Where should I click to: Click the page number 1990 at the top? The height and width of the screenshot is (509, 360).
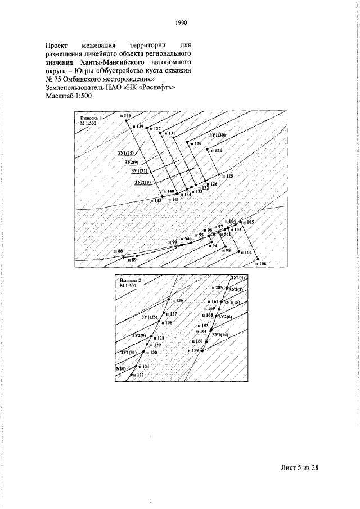(180, 23)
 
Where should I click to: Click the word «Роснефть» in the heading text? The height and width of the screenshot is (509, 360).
(158, 87)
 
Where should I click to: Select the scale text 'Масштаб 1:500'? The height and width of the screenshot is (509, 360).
(69, 96)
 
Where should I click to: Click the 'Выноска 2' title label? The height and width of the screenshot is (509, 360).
(130, 280)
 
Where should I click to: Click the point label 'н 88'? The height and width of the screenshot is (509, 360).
(118, 250)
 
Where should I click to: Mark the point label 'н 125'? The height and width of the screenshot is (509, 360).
(227, 176)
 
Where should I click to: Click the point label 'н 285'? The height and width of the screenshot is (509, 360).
(217, 287)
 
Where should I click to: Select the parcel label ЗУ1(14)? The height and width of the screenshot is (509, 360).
(220, 335)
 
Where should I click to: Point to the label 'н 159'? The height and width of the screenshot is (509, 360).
(193, 350)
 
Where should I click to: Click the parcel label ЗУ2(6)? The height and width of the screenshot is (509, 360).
(225, 317)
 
